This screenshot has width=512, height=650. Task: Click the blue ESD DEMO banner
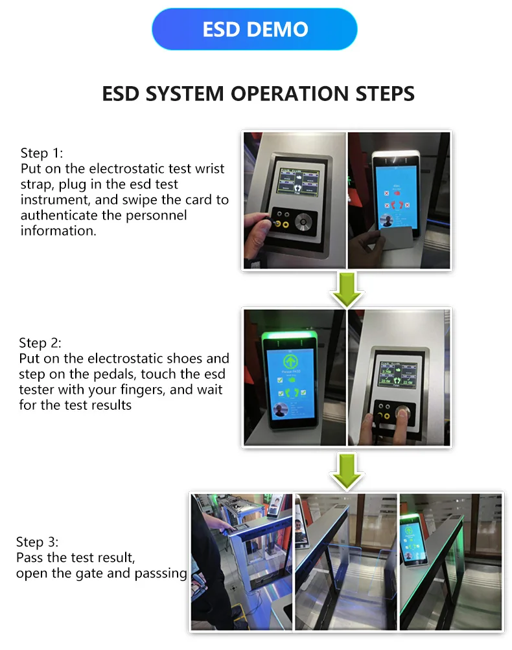(255, 30)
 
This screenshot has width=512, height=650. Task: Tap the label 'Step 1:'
(43, 153)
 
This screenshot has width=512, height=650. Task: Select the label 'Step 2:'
(41, 343)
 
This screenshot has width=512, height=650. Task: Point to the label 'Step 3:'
(38, 543)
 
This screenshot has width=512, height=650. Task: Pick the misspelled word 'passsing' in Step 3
(161, 574)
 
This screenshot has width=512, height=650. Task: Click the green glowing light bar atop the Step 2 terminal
(286, 335)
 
